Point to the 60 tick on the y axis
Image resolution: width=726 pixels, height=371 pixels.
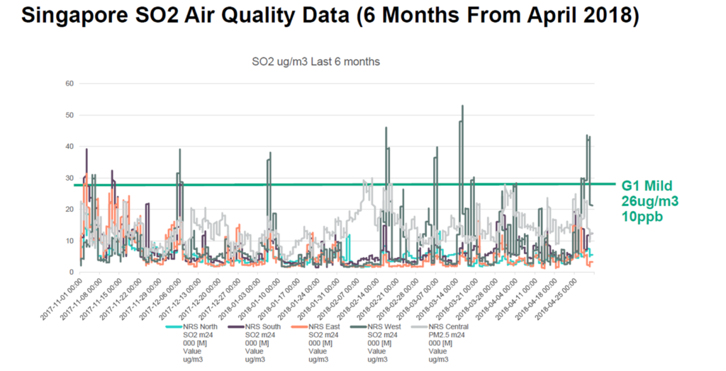pos(69,84)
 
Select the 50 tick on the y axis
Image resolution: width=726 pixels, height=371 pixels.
pos(69,115)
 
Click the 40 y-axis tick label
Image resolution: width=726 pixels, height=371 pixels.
pos(69,147)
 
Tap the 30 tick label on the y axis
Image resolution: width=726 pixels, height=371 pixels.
pos(69,178)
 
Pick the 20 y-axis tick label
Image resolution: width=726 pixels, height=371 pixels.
pos(69,210)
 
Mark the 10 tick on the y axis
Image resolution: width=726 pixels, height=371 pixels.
pos(69,241)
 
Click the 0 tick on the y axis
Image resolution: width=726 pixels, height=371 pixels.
pos(72,273)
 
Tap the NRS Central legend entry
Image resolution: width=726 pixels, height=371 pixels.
pos(447,326)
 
